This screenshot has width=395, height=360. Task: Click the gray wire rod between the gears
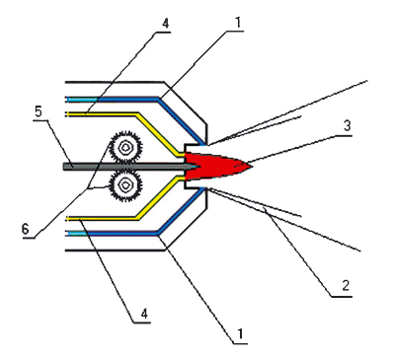[x=79, y=167]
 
